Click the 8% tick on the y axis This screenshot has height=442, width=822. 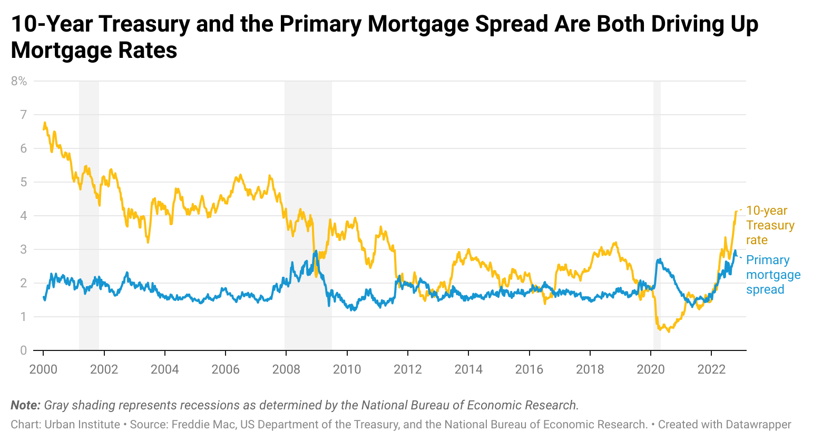click(x=18, y=81)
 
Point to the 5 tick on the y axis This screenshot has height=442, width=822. click(x=23, y=182)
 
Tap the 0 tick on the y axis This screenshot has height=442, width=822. click(x=23, y=350)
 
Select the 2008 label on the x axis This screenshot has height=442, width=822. click(x=286, y=369)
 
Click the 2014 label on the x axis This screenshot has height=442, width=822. click(x=468, y=369)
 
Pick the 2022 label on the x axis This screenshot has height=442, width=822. click(x=711, y=369)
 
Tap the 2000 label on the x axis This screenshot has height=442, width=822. click(x=43, y=369)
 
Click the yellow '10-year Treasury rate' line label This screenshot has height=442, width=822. click(x=770, y=225)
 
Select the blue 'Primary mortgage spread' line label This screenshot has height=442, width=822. click(x=773, y=275)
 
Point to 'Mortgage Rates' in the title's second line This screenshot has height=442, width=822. click(x=94, y=51)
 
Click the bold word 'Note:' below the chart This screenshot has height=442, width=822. click(x=25, y=405)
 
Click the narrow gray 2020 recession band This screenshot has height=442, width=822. click(x=657, y=210)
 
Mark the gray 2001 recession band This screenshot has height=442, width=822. click(x=89, y=210)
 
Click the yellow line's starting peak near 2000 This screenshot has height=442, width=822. click(x=45, y=123)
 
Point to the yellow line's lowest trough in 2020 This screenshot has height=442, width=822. click(x=669, y=331)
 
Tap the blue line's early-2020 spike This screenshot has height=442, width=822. click(x=659, y=259)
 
